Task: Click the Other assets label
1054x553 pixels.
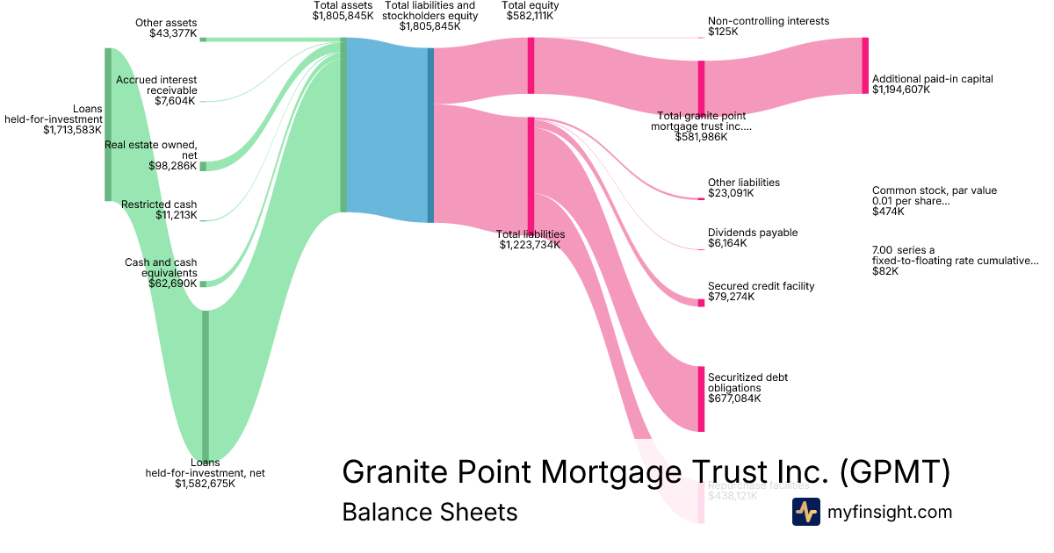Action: (x=166, y=23)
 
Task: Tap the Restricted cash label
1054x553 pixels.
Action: (x=159, y=205)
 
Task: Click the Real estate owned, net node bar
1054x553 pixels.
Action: (x=203, y=166)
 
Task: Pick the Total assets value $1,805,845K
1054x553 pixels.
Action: (x=343, y=16)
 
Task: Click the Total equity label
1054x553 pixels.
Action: (x=531, y=5)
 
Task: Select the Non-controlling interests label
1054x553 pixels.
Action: (x=768, y=21)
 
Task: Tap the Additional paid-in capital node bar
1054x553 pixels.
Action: (x=865, y=66)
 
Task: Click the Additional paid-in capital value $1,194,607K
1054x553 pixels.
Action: (x=900, y=90)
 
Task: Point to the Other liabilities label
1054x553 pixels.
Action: (x=743, y=183)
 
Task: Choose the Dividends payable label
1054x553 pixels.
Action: (x=753, y=233)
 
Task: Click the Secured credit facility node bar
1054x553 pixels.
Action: (x=701, y=303)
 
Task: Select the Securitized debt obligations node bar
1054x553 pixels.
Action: (x=701, y=399)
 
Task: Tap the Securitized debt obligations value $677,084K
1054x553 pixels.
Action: (x=733, y=399)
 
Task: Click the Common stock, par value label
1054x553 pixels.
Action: (x=934, y=190)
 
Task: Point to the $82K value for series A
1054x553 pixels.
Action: (x=884, y=271)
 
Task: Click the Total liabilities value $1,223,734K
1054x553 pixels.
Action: (x=530, y=245)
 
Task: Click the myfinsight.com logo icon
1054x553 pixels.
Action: (x=805, y=512)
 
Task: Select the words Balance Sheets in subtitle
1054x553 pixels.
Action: (x=430, y=512)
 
